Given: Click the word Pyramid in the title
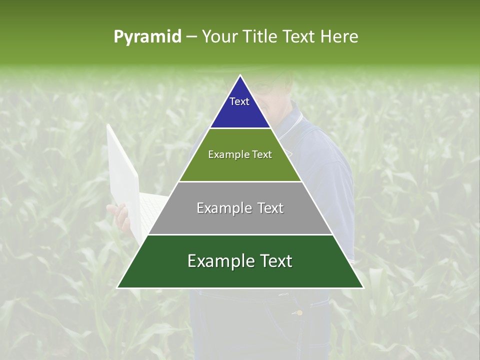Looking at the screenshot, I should point(147,36).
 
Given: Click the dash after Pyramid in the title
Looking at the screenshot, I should point(191,37).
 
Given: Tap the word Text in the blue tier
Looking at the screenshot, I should point(239,101).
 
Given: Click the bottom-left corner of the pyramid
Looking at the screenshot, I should point(117,288).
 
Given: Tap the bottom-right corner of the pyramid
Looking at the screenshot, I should point(363,288).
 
